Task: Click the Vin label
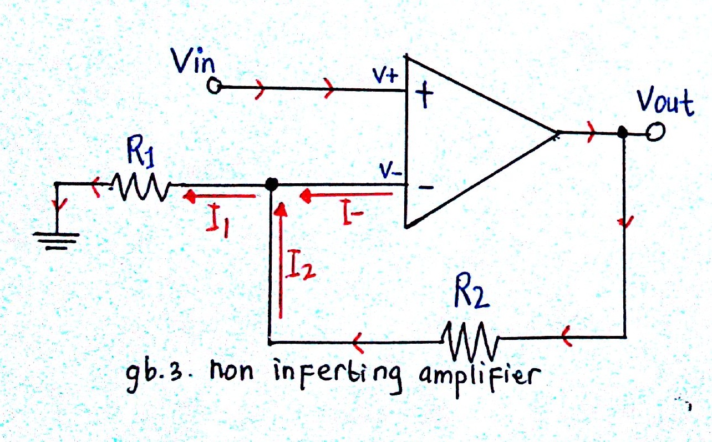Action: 193,61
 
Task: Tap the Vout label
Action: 665,101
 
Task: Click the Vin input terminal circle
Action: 214,86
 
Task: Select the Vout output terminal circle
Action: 655,132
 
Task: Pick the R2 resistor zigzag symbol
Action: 470,340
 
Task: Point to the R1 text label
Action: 140,152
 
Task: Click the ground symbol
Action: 56,241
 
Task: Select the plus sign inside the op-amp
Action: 424,94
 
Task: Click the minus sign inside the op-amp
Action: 425,188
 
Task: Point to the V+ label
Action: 385,76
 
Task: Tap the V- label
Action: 390,170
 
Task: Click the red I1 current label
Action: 218,221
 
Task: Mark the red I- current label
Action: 353,212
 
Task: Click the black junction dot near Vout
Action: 622,132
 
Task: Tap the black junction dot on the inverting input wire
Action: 271,184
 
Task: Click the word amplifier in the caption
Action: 480,377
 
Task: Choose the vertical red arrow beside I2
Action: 281,260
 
